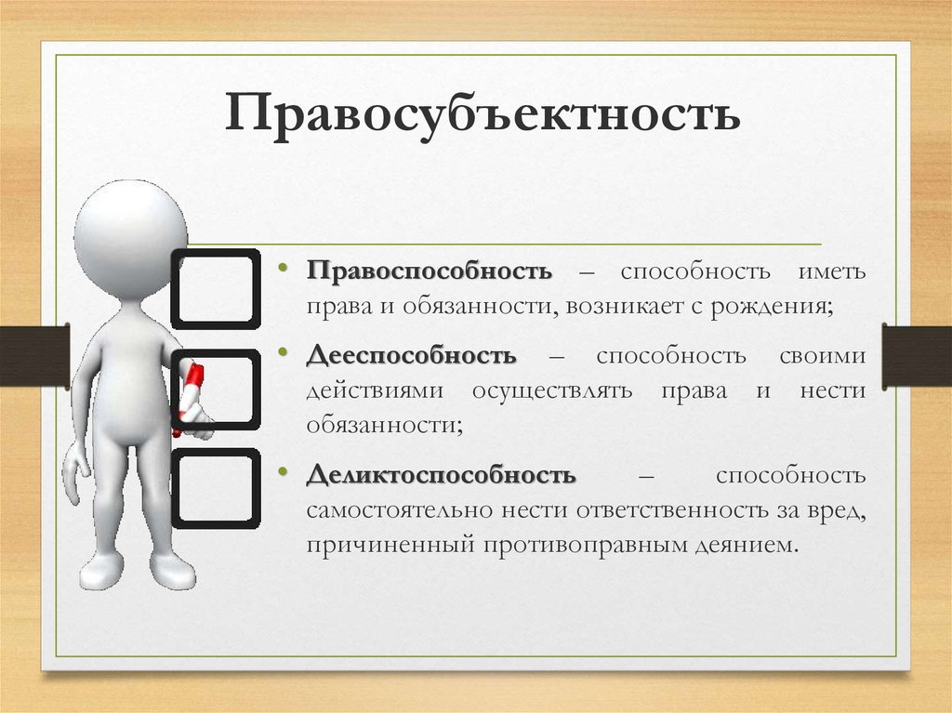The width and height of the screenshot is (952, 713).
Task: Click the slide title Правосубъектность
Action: pos(483,113)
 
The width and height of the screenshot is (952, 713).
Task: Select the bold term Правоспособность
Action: pos(430,271)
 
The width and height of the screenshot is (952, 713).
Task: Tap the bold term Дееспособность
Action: pos(412,355)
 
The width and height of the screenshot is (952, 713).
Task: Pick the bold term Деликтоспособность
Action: pos(441,474)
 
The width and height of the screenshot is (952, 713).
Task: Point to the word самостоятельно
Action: pos(400,510)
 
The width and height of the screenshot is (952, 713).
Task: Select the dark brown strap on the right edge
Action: pos(917,357)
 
